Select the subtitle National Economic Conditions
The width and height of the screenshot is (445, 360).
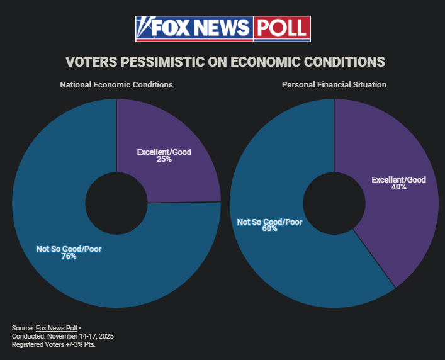[116, 84]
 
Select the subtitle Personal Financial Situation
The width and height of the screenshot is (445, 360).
[334, 84]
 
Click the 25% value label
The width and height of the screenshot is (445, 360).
[164, 160]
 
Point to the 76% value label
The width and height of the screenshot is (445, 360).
[69, 256]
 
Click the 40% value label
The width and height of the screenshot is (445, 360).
[398, 188]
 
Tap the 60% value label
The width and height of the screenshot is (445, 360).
[269, 229]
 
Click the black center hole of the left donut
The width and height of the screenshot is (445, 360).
[116, 203]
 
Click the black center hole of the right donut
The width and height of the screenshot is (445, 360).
[334, 203]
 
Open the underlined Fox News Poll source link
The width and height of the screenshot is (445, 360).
[56, 329]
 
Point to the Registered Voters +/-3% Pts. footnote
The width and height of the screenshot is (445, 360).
[54, 344]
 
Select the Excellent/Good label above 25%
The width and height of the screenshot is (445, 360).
[164, 152]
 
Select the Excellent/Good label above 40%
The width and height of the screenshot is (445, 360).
[398, 180]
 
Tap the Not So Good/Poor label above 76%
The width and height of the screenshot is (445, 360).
[69, 249]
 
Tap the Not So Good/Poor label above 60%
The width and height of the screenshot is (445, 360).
[269, 222]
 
